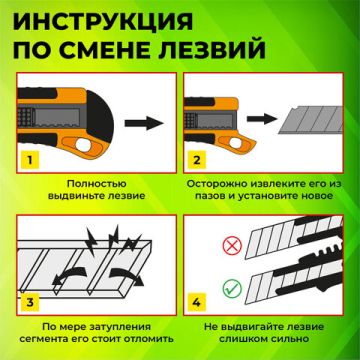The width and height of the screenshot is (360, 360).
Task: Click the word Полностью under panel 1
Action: (x=91, y=185)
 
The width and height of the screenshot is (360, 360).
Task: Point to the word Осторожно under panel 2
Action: (x=225, y=185)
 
